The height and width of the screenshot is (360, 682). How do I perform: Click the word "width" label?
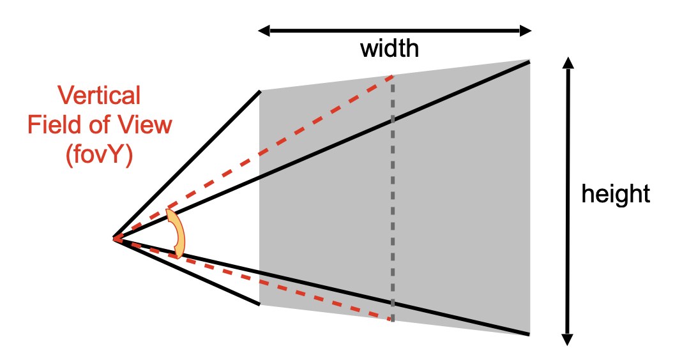coord(390,49)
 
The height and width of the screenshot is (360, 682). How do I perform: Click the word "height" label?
coord(615,194)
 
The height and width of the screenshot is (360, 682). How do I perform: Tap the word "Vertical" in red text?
coord(99,96)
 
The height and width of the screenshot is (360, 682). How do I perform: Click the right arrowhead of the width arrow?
coord(526,30)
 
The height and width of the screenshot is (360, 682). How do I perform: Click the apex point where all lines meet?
coord(115,239)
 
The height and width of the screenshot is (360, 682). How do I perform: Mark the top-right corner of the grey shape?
coord(529,60)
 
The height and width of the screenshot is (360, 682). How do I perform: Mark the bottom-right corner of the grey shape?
coord(529,333)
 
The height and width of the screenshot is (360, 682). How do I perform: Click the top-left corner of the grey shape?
coord(260,92)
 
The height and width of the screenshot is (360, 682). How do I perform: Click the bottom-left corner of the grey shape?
coord(260,304)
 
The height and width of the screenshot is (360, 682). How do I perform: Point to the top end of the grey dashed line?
coord(393,77)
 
